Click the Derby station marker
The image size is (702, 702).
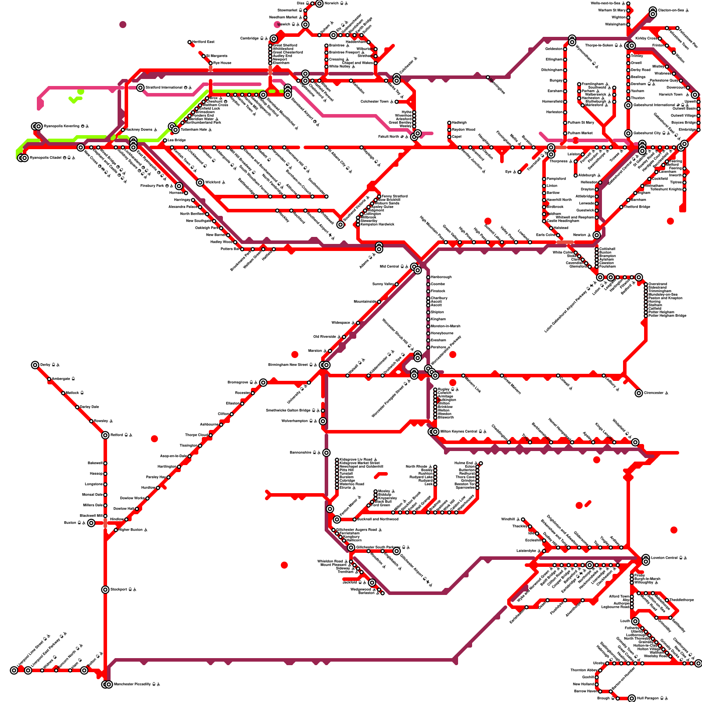point(35,365)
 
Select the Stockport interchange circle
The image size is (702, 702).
point(105,590)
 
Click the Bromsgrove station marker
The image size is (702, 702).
point(263,383)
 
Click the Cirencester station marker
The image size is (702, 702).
point(639,393)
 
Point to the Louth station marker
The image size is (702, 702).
point(635,621)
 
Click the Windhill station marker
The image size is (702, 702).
point(523,519)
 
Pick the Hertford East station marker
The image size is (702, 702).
point(190,42)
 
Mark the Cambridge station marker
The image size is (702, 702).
point(274,39)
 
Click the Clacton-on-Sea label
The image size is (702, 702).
point(671,11)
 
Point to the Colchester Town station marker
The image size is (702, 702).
point(397,102)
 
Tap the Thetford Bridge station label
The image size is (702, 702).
point(637,207)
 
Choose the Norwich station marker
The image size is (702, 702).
point(319,4)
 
